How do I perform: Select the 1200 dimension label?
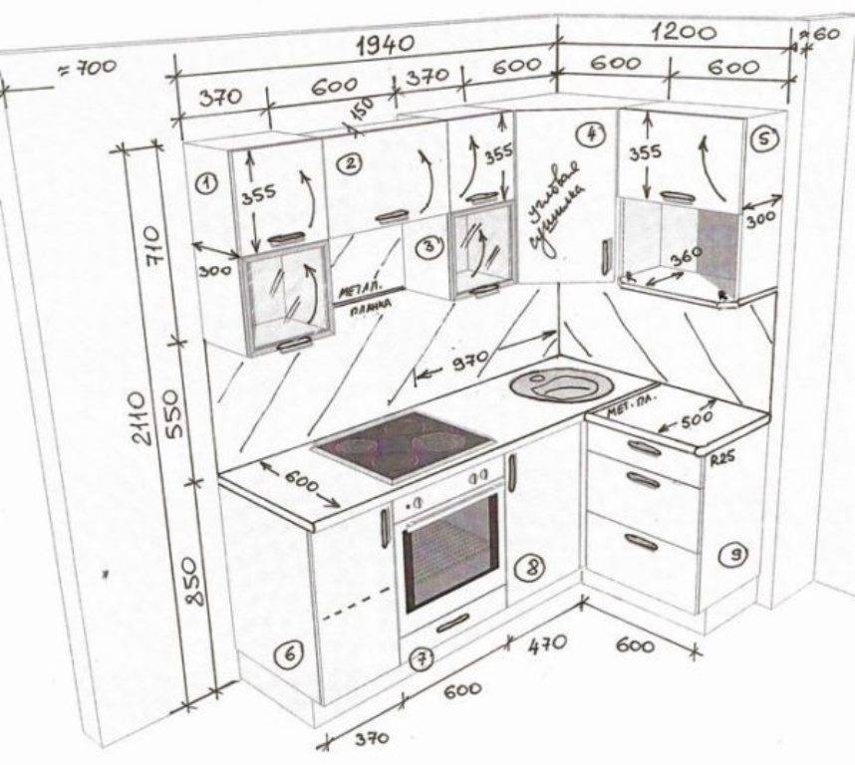coord(684,32)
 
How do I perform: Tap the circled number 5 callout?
coord(762,138)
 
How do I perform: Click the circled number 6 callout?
coord(288,654)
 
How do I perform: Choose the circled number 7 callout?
coord(423,658)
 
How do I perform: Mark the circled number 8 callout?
coord(532,568)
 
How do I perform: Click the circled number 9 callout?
coord(732,556)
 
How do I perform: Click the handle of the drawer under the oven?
coord(452,623)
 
